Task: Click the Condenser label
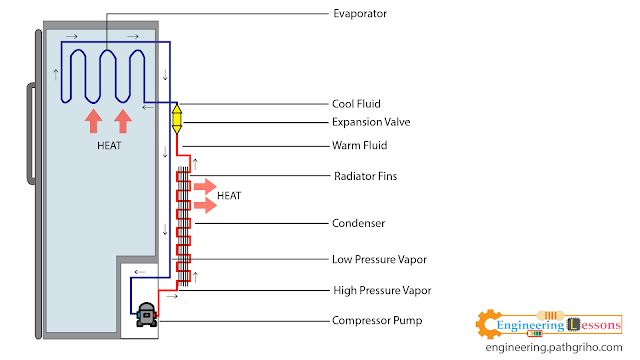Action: [x=358, y=222]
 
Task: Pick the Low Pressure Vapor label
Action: [x=379, y=260]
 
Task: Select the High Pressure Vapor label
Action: [x=380, y=290]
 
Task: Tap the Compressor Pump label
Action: [x=378, y=321]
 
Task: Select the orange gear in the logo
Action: [x=489, y=325]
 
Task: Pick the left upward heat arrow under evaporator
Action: [x=92, y=122]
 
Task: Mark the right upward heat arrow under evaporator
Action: [x=123, y=122]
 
